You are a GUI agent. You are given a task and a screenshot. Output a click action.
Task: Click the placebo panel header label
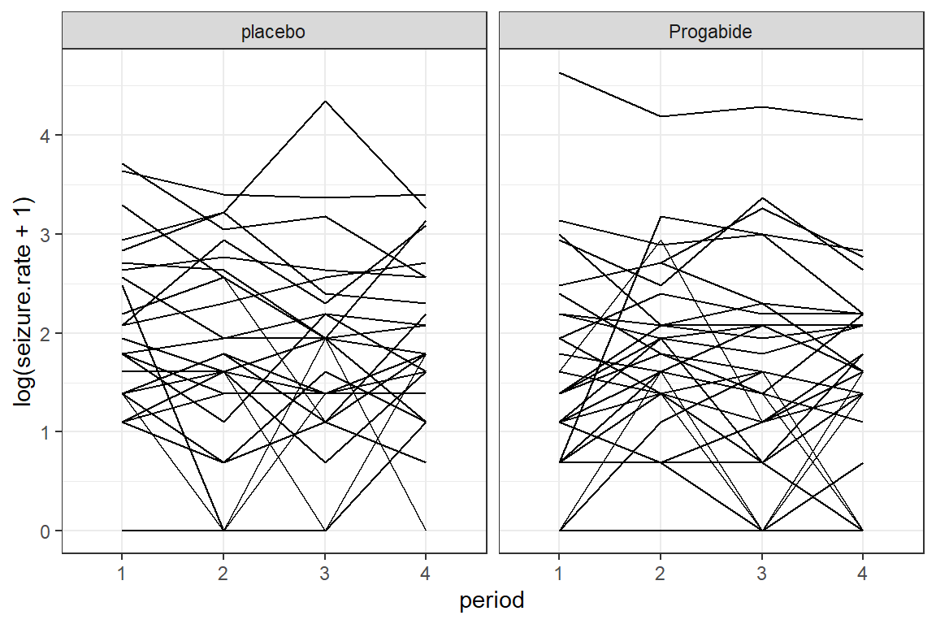pos(274,32)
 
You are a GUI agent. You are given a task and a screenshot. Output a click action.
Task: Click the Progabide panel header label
pos(711,32)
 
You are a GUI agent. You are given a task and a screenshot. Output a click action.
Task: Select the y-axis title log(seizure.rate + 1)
pos(24,302)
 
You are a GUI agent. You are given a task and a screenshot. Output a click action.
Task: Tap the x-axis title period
pos(492,601)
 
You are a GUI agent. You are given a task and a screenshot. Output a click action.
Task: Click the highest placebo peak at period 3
pos(325,102)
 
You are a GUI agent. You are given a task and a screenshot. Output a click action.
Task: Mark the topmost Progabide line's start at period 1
pos(559,73)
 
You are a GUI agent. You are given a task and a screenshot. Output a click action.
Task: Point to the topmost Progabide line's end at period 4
pos(863,120)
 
